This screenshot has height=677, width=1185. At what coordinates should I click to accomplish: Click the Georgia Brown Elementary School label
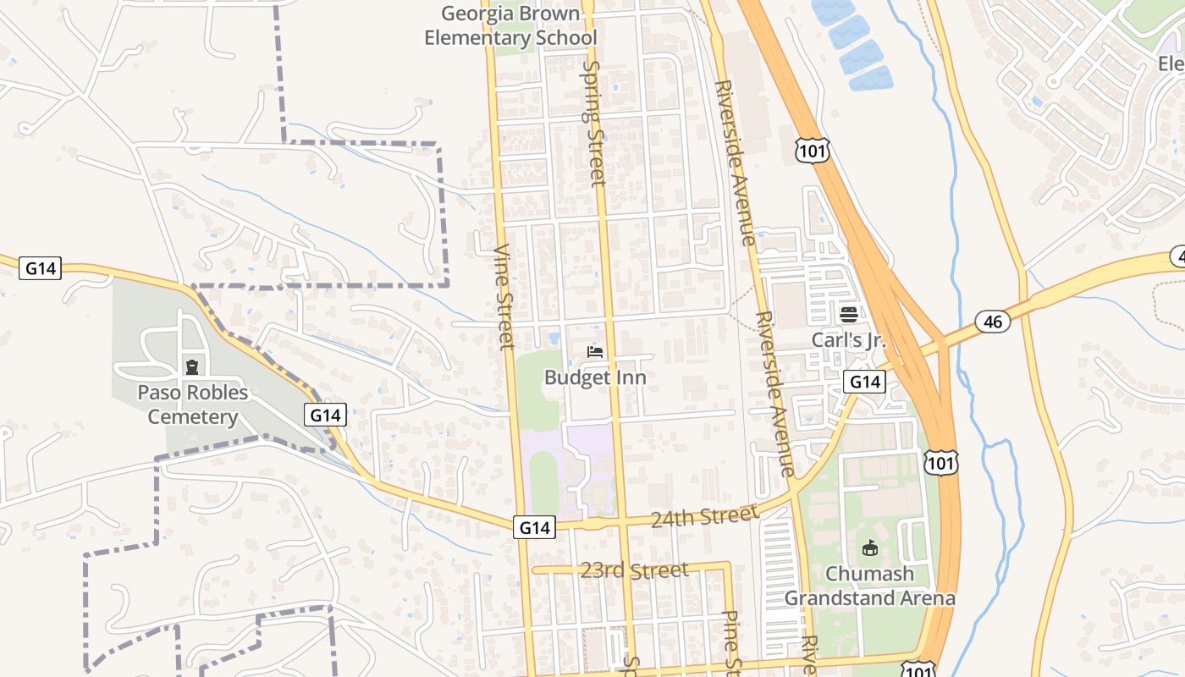coord(510,25)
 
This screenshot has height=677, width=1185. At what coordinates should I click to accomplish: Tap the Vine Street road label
coord(504,297)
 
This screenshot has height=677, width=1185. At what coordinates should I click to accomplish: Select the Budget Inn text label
coord(595,377)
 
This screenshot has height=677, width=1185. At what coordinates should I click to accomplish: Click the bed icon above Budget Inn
coord(595,351)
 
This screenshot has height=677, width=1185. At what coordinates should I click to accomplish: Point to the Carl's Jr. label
coord(848,340)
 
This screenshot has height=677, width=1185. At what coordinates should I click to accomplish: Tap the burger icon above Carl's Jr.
coord(849,315)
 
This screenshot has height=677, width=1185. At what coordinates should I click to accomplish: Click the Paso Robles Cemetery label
coord(193,405)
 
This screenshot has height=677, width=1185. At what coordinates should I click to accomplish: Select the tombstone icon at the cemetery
coord(193,367)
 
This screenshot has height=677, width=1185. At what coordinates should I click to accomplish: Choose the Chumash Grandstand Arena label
coord(870,586)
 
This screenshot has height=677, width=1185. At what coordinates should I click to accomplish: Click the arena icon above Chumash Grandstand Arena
coord(870,548)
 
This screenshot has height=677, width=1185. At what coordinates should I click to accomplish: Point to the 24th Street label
coord(705,515)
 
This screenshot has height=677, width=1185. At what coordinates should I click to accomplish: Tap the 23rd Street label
coord(634,570)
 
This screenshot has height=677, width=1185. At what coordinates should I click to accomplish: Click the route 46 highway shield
coord(993,322)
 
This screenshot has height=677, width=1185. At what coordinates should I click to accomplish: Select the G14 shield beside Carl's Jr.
coord(864,382)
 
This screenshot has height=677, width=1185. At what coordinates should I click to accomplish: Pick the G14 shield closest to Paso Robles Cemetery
coord(325,416)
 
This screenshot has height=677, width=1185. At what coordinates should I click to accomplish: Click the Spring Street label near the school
coord(594,123)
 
